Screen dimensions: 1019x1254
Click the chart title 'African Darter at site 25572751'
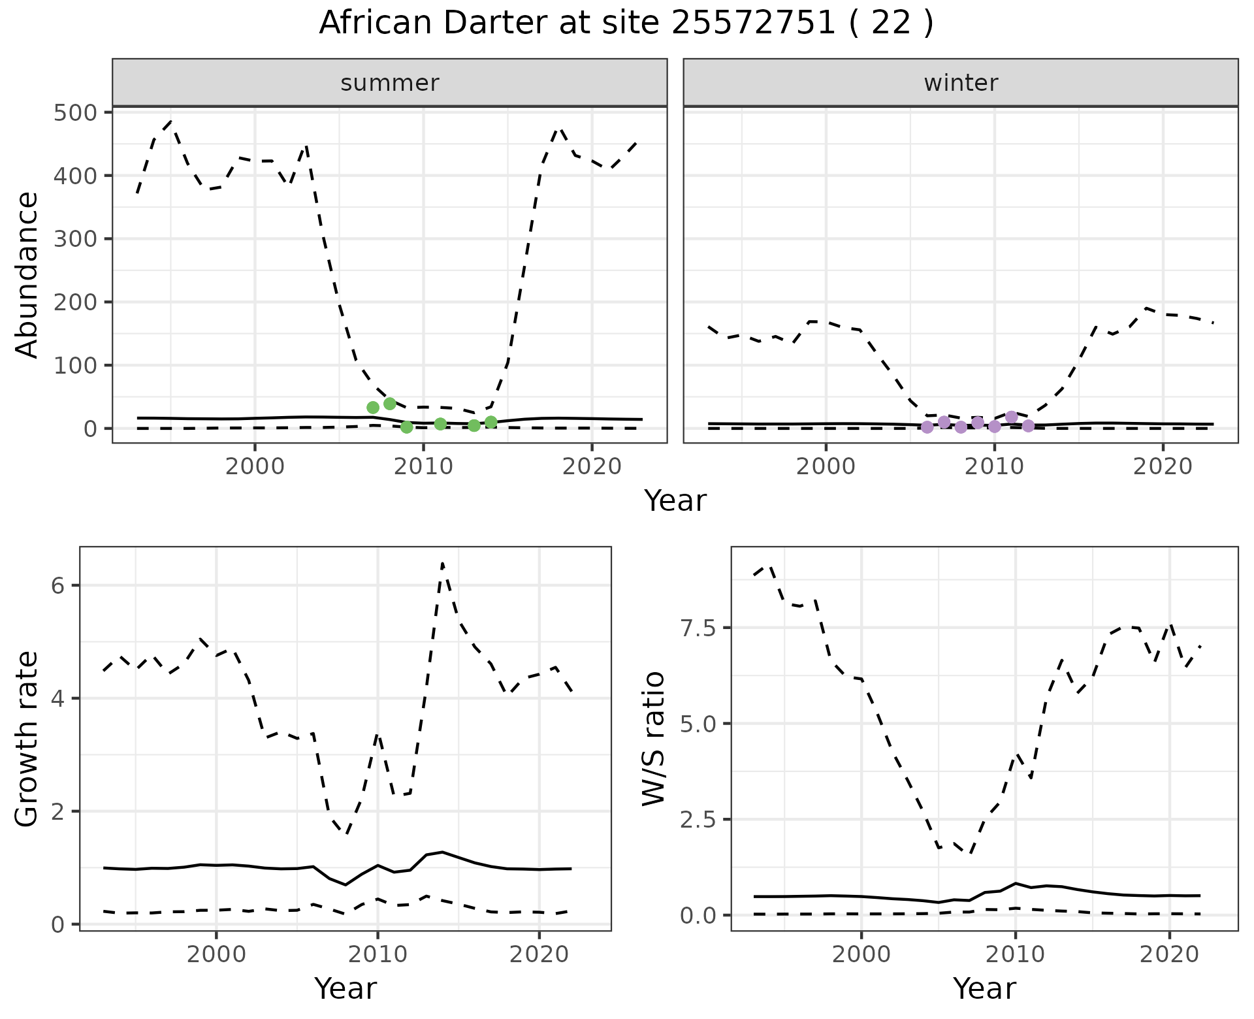pyautogui.click(x=626, y=24)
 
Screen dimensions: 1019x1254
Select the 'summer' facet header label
pyautogui.click(x=390, y=83)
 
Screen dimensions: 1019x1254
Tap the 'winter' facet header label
pyautogui.click(x=961, y=83)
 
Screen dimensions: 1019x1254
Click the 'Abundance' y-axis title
pyautogui.click(x=27, y=275)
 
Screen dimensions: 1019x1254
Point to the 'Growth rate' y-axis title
pyautogui.click(x=27, y=739)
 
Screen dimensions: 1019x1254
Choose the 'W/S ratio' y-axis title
pyautogui.click(x=654, y=739)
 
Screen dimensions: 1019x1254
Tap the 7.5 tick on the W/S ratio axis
pyautogui.click(x=699, y=628)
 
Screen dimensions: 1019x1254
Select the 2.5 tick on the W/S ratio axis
pyautogui.click(x=699, y=819)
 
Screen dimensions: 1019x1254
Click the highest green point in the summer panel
pyautogui.click(x=390, y=404)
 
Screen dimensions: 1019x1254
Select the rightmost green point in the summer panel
pyautogui.click(x=491, y=422)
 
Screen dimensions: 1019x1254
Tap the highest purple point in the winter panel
pyautogui.click(x=1012, y=417)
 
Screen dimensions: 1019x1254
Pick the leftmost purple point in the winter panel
pyautogui.click(x=927, y=427)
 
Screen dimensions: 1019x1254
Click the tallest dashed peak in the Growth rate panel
pyautogui.click(x=443, y=563)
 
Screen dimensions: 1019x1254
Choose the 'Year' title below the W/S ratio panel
pyautogui.click(x=984, y=989)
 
